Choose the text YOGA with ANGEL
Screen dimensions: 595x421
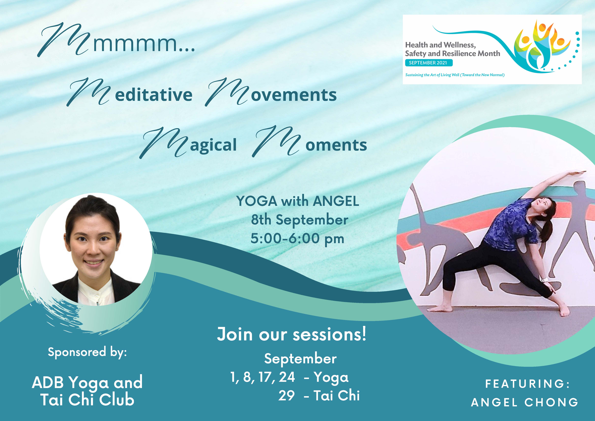coord(298,201)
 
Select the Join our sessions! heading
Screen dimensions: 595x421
coord(292,334)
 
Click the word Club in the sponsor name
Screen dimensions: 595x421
coord(117,400)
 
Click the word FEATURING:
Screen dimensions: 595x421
coord(527,384)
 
